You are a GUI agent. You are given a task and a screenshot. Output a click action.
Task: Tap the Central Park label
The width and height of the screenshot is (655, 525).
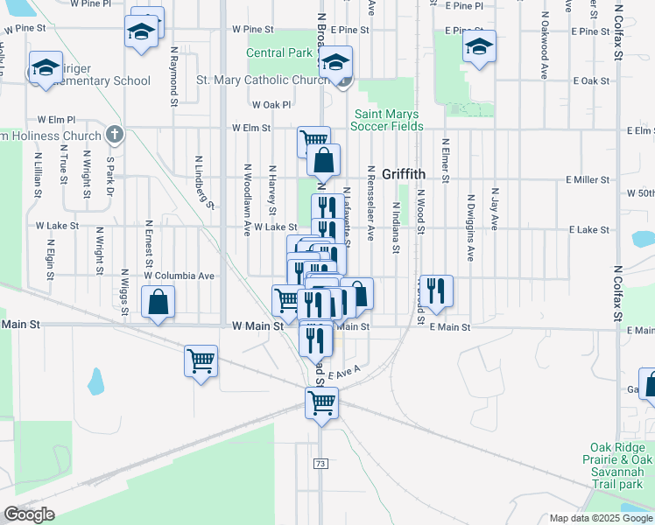coord(278,52)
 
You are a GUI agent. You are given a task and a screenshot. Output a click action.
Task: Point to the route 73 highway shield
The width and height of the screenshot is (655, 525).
coord(321,461)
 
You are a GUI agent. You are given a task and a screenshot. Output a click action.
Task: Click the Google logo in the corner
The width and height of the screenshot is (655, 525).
coord(28,514)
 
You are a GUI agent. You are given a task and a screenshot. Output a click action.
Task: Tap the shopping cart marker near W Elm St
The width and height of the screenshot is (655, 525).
coord(313,140)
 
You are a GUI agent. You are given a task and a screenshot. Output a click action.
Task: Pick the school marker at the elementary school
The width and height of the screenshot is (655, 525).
coord(45,68)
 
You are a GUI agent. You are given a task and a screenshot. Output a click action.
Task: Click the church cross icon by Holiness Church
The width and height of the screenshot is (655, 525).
coord(113,135)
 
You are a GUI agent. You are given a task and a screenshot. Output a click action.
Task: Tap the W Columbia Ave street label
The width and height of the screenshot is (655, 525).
coord(180,276)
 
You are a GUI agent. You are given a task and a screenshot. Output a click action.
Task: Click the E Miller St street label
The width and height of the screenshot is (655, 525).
coord(588,179)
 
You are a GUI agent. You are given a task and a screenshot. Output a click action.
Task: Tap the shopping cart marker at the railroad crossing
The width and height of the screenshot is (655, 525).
coord(321,402)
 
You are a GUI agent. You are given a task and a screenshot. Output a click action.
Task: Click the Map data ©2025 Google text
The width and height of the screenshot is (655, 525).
coord(600,518)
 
